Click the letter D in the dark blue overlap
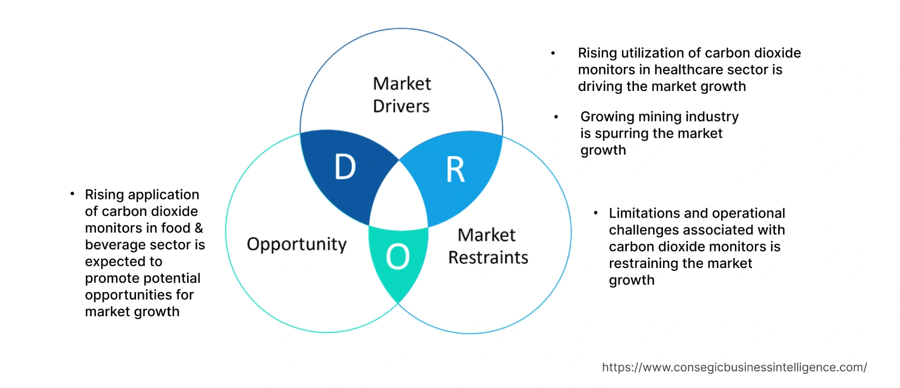tap(346, 167)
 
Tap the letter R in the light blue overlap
tap(455, 170)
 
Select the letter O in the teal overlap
tap(398, 256)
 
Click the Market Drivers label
tap(401, 95)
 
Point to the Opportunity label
tap(297, 244)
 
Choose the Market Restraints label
tap(488, 246)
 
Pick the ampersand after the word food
tap(199, 228)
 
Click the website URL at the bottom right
tap(734, 367)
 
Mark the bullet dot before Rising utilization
tap(553, 53)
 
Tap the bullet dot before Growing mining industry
tap(556, 117)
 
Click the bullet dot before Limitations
tap(596, 213)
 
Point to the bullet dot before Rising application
tap(72, 194)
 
